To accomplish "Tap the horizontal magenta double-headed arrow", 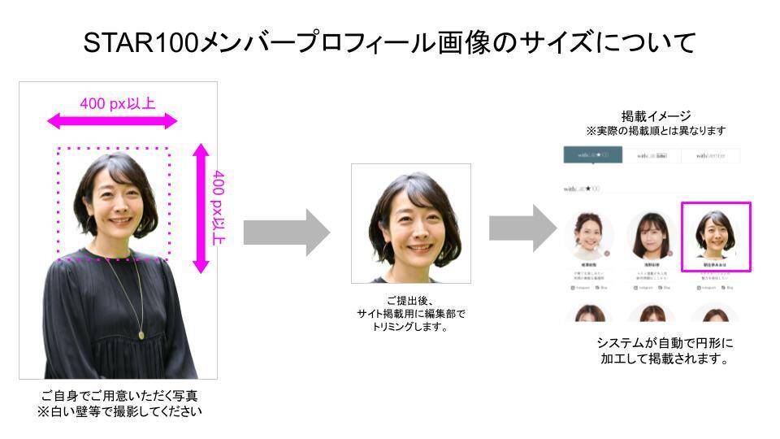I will click(112, 122).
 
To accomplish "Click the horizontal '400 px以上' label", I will click(118, 103).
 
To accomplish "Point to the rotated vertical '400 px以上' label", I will click(219, 208).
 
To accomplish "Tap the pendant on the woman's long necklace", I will click(142, 333).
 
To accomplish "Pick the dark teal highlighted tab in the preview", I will click(592, 155).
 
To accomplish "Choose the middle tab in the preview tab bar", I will click(652, 155).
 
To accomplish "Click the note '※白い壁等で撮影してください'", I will click(119, 411).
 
